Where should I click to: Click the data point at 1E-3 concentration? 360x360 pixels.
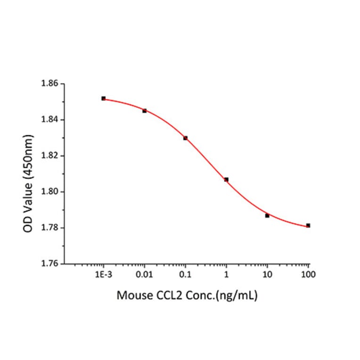(x=103, y=98)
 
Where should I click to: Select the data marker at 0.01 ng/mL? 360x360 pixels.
(x=144, y=111)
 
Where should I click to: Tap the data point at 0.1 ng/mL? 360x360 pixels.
(x=185, y=138)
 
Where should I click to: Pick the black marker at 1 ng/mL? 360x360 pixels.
(x=226, y=180)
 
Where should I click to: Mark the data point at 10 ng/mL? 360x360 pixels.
(x=267, y=215)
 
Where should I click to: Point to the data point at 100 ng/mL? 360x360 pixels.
(x=308, y=225)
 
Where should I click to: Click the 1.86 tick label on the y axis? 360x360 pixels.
(x=50, y=84)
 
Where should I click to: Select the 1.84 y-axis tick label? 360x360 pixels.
(x=50, y=120)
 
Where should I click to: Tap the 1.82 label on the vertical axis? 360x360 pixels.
(x=50, y=156)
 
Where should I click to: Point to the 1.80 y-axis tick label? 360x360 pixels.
(x=50, y=192)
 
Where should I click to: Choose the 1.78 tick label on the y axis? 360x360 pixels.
(x=50, y=228)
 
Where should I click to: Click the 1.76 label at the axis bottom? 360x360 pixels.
(x=50, y=264)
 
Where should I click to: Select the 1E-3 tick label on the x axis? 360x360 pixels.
(x=103, y=274)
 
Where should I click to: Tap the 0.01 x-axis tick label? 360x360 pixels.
(x=144, y=274)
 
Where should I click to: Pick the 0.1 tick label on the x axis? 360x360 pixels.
(x=185, y=274)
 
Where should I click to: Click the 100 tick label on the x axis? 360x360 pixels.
(x=308, y=274)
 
